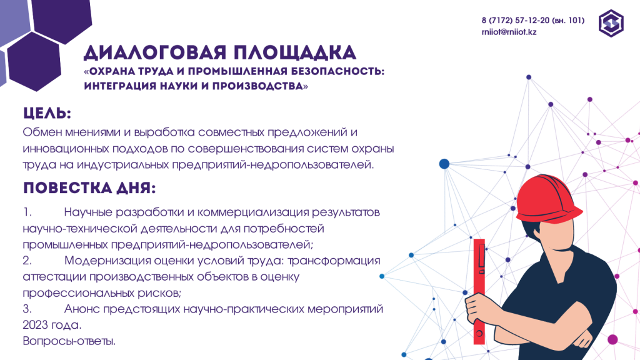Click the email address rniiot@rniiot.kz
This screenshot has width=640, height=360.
tap(509, 32)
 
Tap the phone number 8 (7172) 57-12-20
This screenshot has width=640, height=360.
tap(516, 21)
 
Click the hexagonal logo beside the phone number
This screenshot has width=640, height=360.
tap(611, 23)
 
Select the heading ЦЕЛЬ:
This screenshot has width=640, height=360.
tap(47, 113)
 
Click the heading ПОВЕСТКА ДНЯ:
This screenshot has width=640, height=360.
tap(89, 188)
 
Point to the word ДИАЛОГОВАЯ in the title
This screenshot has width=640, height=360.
tap(155, 53)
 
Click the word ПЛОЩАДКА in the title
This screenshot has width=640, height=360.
tap(295, 52)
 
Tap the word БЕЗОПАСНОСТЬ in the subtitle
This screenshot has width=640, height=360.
tap(337, 71)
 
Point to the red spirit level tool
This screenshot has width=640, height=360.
tap(479, 291)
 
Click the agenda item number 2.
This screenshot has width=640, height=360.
tap(27, 261)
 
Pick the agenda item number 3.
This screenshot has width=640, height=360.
tap(27, 309)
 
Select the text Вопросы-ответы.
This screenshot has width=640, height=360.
tap(69, 341)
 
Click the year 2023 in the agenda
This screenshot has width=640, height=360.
tap(36, 325)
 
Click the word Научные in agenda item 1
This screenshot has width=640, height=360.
tap(87, 212)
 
